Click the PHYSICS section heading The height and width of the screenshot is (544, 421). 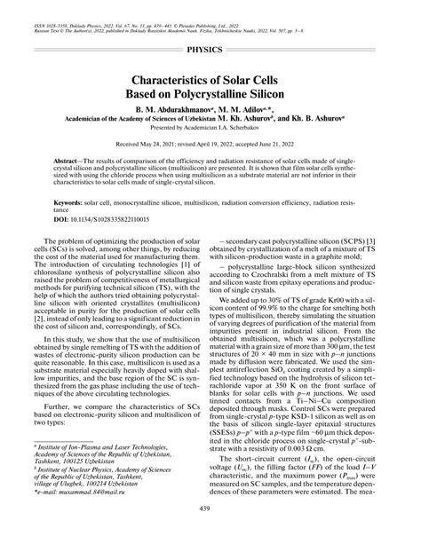tap(210, 51)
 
